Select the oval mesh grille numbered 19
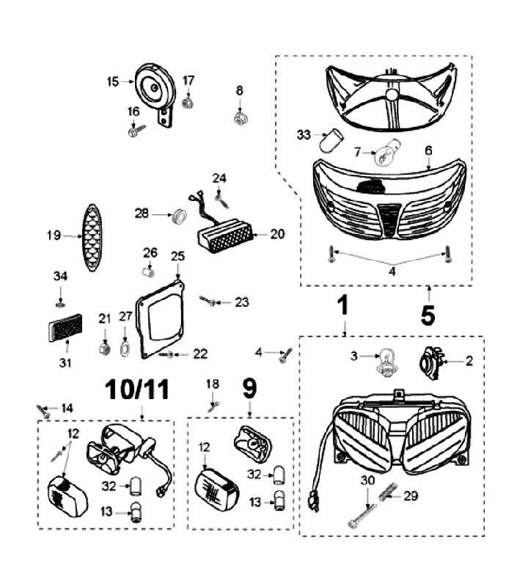(x=92, y=236)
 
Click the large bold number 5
(x=428, y=313)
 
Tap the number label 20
(x=277, y=235)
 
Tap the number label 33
(x=304, y=134)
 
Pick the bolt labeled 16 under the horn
(x=136, y=131)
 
